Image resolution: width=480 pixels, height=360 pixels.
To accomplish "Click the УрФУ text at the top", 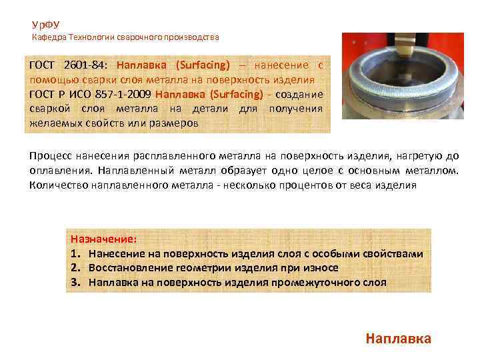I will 45,25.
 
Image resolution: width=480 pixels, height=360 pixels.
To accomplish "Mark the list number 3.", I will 74,281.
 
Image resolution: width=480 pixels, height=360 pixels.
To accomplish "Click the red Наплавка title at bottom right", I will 398,338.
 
